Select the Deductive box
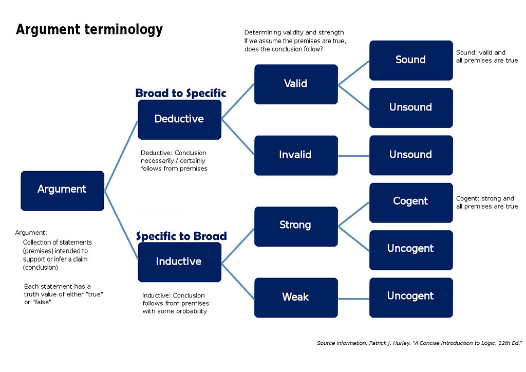pos(179,119)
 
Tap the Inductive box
pos(179,262)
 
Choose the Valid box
pos(296,84)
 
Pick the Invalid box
pos(296,155)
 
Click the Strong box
pos(296,226)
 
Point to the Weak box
pos(296,297)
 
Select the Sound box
pos(411,60)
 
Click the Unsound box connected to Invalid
pos(411,155)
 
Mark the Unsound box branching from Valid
pos(411,108)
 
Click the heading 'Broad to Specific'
pos(180,93)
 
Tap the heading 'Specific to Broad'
pos(181,236)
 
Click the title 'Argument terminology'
pos(89,29)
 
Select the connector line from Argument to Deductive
pos(121,155)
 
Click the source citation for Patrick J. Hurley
pos(419,343)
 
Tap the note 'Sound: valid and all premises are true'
pos(486,57)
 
